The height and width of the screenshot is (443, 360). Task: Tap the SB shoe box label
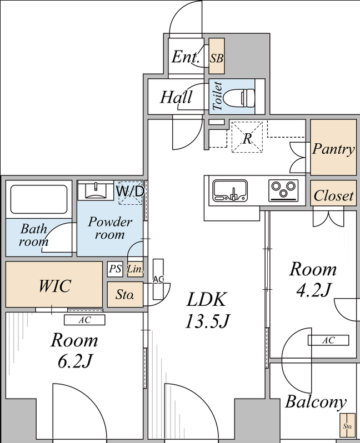click(216, 58)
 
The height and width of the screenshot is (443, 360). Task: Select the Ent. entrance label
click(185, 57)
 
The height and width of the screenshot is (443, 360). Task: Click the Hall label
click(176, 97)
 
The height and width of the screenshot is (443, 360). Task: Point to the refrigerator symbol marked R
click(247, 137)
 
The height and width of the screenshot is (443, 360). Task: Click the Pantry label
click(333, 148)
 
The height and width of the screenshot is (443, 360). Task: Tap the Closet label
click(333, 195)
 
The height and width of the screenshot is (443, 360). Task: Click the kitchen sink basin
click(230, 190)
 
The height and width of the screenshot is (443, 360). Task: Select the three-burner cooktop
click(283, 190)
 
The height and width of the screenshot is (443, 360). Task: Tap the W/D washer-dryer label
click(131, 192)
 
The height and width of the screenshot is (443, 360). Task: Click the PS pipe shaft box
click(115, 269)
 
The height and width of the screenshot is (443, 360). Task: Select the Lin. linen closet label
click(135, 269)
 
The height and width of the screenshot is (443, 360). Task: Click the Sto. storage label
click(124, 295)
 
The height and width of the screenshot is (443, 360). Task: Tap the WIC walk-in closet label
click(54, 286)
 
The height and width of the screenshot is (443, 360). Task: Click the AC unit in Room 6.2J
click(84, 320)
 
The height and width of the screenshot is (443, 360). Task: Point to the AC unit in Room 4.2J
click(328, 340)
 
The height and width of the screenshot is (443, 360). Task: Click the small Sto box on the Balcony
click(347, 425)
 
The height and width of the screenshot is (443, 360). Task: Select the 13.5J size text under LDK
click(207, 321)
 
